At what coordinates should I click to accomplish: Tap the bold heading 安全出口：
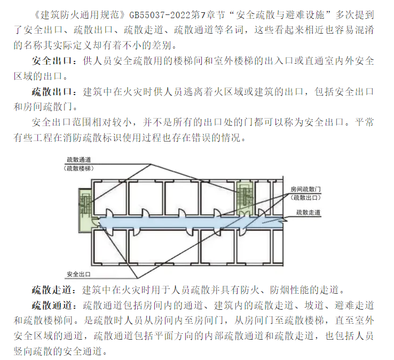click(x=55, y=61)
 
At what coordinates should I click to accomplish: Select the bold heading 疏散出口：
click(x=55, y=92)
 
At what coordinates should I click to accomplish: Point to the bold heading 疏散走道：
click(x=54, y=290)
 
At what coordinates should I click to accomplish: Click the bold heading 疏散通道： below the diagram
click(x=55, y=306)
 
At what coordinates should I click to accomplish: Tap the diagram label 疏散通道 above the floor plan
click(x=79, y=160)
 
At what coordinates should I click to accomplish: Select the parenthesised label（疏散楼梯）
click(x=79, y=168)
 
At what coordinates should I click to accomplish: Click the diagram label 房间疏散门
click(x=305, y=189)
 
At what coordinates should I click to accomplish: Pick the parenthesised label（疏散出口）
click(x=305, y=198)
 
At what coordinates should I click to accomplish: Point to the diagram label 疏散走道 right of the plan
click(x=309, y=213)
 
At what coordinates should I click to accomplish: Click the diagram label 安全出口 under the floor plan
click(x=78, y=274)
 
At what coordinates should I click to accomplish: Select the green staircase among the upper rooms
click(x=245, y=198)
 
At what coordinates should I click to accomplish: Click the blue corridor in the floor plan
click(x=191, y=222)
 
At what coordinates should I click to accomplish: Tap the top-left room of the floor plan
click(x=109, y=198)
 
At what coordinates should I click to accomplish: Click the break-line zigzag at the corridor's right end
click(x=284, y=221)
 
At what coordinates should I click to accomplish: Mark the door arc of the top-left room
click(x=110, y=213)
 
